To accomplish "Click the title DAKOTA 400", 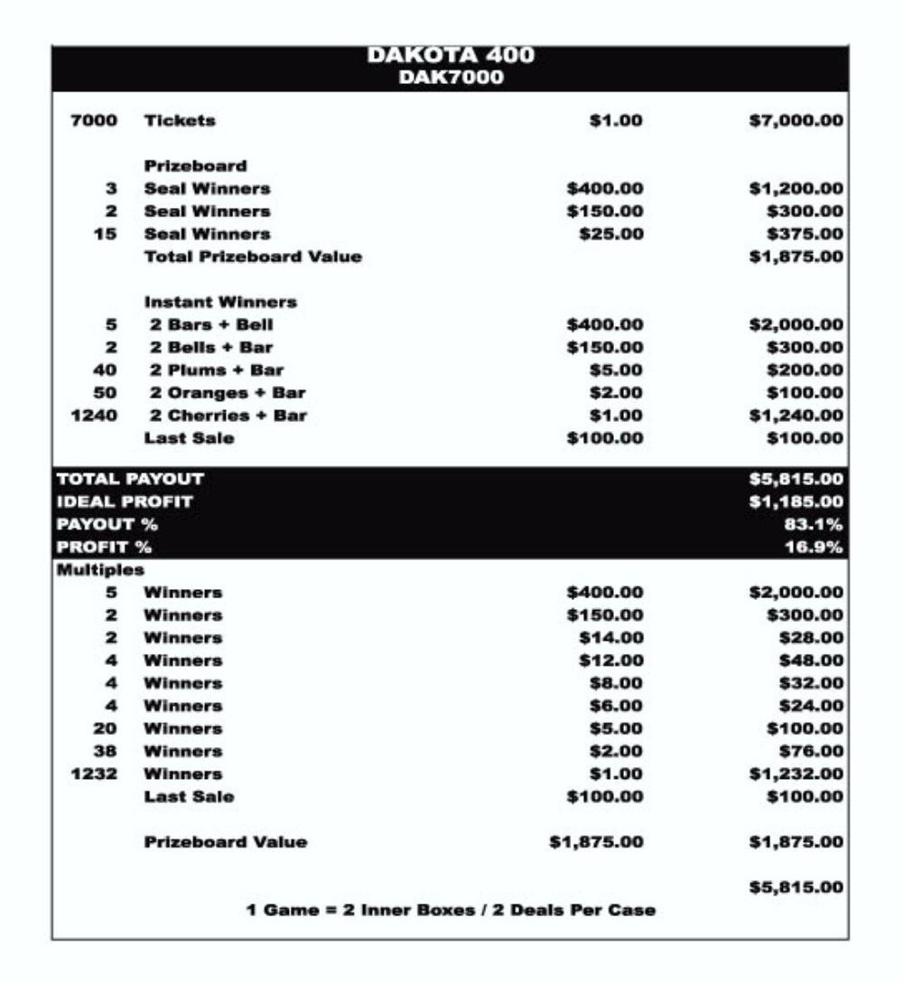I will click(451, 56).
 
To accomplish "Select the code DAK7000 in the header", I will click(451, 78).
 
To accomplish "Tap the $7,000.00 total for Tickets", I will click(796, 120).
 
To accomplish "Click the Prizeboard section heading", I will click(195, 166).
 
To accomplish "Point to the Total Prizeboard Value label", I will click(253, 257).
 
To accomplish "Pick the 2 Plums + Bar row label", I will click(217, 370).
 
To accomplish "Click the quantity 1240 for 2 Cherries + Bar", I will click(94, 416).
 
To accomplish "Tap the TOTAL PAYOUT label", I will click(130, 479).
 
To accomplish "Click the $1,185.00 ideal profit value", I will click(796, 501).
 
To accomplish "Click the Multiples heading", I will click(100, 570).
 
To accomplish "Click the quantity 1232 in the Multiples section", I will click(94, 774).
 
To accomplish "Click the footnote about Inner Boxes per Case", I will click(451, 910).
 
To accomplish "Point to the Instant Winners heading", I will click(220, 302).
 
